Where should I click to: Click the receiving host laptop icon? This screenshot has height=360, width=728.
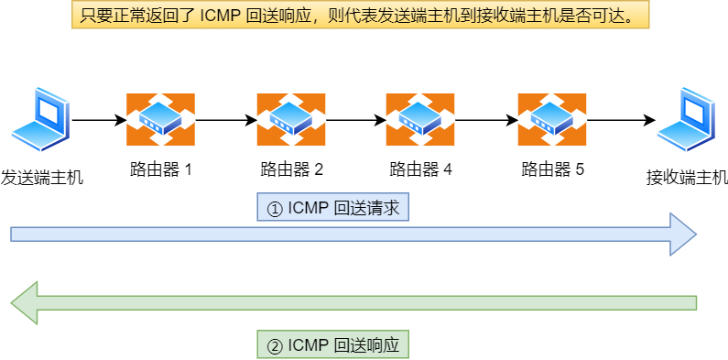[686, 120]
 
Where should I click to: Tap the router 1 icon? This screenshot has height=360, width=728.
[160, 119]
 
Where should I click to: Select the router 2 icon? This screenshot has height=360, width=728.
[291, 119]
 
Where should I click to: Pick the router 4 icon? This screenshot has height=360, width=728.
[420, 119]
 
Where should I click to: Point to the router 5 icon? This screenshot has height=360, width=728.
[552, 119]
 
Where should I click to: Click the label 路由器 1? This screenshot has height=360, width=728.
[160, 169]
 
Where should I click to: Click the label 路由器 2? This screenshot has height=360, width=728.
[291, 169]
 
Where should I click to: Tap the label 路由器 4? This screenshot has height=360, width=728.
[420, 169]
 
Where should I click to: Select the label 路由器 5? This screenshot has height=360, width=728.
[552, 169]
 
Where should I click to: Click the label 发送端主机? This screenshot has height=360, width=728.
[42, 178]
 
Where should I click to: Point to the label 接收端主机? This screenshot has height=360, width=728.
[686, 178]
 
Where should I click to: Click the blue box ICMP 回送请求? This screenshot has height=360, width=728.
[332, 208]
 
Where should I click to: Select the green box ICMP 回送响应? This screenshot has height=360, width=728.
[332, 345]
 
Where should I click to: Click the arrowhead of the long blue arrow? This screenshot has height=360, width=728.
[682, 235]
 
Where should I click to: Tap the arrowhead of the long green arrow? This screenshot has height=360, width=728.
[25, 303]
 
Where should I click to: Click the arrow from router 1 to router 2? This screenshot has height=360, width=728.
[225, 120]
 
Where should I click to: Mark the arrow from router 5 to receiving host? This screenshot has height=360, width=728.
[621, 120]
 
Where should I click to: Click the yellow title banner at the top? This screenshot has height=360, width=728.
[363, 16]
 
